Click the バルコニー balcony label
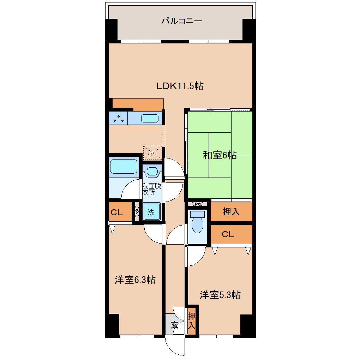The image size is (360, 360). pos(182,21)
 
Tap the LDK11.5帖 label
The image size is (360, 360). pos(180,86)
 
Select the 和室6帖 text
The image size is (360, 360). pos(220,155)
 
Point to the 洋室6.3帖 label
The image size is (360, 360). pos(135,280)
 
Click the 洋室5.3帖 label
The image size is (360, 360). pos(220,295)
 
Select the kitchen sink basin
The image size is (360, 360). pos(150,118)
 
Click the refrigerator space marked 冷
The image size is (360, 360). pos(152,153)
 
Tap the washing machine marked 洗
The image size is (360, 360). pos(151,212)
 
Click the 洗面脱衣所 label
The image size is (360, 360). pos(151,189)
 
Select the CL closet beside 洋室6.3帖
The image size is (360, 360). pos(120,211)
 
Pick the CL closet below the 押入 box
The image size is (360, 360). pos(232,234)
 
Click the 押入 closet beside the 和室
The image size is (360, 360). pos(232,211)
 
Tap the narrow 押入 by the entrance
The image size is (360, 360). pos(192,321)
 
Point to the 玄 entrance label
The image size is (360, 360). pos(174,325)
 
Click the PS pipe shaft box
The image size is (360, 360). pos(197,204)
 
